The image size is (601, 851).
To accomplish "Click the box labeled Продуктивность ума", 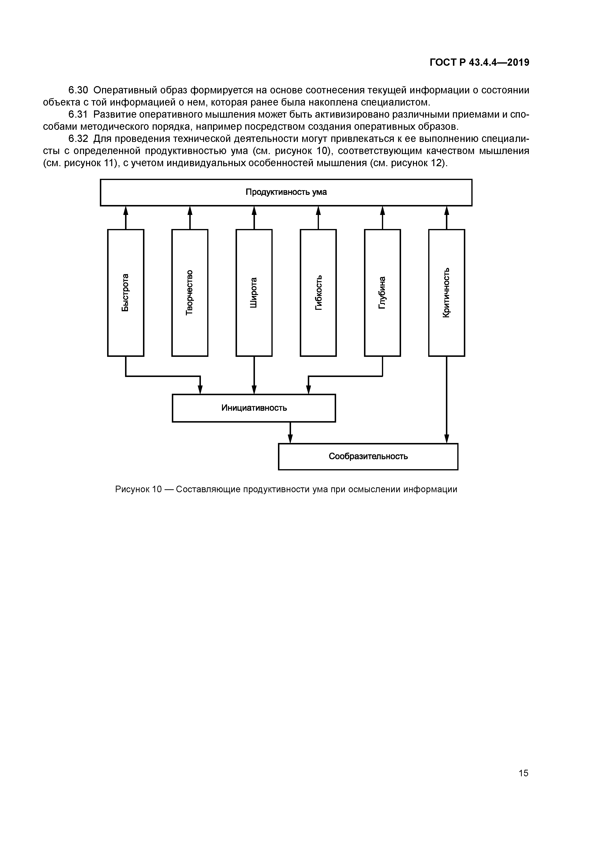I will click(286, 192).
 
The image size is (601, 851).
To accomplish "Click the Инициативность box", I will click(254, 408).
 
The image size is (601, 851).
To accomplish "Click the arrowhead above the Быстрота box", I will click(126, 211).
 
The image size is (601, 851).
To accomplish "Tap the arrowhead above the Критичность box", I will click(447, 211).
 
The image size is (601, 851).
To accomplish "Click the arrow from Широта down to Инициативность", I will click(254, 375).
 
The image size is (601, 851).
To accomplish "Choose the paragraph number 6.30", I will click(78, 90).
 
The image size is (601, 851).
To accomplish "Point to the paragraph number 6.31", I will click(78, 115).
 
